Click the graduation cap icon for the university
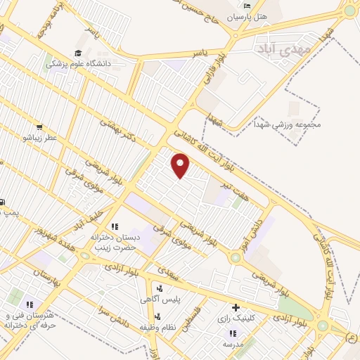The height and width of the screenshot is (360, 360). (x=79, y=53)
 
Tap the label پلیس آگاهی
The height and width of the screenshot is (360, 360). (x=159, y=300)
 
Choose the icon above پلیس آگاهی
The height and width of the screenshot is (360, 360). (x=160, y=288)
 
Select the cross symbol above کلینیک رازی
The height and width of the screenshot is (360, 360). (x=236, y=307)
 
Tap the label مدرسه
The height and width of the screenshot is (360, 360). (x=232, y=344)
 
